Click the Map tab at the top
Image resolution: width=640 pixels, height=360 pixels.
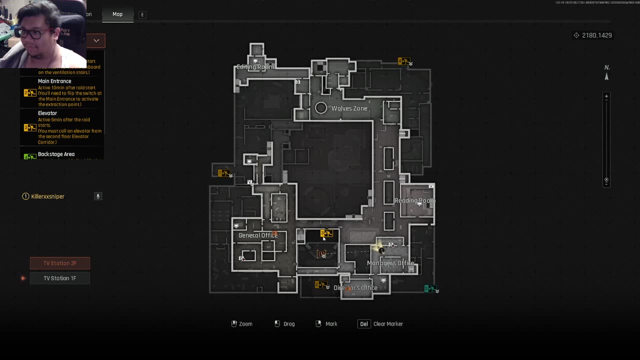pos(117,14)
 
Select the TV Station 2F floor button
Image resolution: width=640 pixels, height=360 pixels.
pos(60,263)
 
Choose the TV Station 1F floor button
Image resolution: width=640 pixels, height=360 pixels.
pos(60,278)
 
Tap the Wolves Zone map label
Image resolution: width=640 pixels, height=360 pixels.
pos(349,108)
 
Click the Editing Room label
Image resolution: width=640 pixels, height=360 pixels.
pos(255,67)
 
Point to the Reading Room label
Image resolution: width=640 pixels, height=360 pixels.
pos(414,200)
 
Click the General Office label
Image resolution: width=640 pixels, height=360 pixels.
pos(257,235)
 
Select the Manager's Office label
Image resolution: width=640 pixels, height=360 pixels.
pos(390,263)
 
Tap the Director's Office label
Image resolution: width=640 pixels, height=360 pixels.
pos(355,288)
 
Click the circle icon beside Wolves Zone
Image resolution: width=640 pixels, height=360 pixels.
pos(321,108)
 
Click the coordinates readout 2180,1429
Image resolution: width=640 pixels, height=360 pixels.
pos(596,35)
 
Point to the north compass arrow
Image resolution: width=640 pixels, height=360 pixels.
pos(606,76)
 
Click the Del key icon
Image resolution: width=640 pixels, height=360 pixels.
pos(364,324)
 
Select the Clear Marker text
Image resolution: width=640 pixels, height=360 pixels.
pos(388,324)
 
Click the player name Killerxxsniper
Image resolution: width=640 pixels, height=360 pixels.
pos(48,196)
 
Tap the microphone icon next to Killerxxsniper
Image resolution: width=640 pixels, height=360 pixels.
pos(98,196)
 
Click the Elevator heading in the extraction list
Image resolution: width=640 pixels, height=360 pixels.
pos(47,113)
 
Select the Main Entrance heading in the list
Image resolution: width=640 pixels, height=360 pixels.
pos(54,81)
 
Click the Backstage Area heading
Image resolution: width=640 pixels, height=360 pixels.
pos(56,154)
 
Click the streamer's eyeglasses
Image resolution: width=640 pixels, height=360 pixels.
pos(31,33)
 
